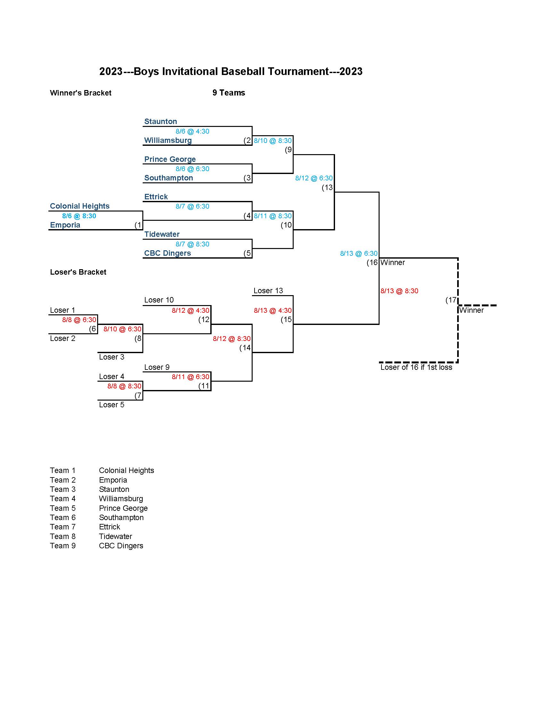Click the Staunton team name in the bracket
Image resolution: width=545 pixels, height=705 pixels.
point(161,121)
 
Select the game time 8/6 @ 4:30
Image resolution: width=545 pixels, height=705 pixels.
point(192,131)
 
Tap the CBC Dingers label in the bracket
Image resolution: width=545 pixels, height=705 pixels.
point(167,253)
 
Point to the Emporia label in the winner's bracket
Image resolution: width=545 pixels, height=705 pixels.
point(65,225)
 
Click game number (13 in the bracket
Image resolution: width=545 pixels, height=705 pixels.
point(327,187)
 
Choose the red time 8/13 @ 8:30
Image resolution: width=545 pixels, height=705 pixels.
point(399,291)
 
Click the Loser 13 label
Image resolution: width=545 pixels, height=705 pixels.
point(268,291)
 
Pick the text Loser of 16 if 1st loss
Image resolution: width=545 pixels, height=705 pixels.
point(416,367)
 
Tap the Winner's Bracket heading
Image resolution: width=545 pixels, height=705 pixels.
point(80,93)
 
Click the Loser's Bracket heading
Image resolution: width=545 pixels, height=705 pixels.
point(78,272)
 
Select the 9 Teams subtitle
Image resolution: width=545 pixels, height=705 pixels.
point(229,93)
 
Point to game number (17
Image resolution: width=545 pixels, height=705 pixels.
point(451,300)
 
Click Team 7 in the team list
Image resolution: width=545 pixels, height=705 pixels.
point(63,527)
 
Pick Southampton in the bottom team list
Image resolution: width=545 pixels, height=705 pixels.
point(121,518)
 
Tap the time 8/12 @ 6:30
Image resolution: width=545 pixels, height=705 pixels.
point(314,178)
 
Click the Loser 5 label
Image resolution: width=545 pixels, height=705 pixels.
point(111,405)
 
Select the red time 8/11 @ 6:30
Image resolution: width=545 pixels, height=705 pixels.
point(190,377)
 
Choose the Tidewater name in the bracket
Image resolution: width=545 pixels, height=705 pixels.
point(162,234)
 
